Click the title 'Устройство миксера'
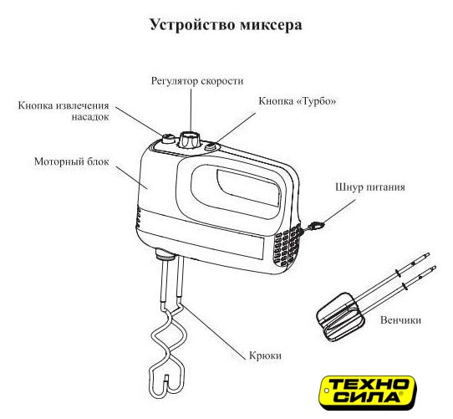[x=226, y=25]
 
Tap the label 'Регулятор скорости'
[x=197, y=81]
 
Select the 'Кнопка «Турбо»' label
[x=298, y=101]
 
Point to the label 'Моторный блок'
[x=72, y=161]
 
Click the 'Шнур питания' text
[x=370, y=187]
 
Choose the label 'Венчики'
[x=400, y=320]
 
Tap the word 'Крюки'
[x=265, y=355]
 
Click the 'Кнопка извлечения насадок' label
[x=64, y=111]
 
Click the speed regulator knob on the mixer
[x=189, y=140]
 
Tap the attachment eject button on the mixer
[x=168, y=139]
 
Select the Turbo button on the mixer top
[x=211, y=146]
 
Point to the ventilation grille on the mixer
[x=288, y=247]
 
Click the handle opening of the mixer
[x=236, y=192]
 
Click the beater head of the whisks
[x=340, y=317]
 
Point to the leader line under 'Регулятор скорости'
[x=191, y=110]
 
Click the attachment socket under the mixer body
[x=165, y=254]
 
